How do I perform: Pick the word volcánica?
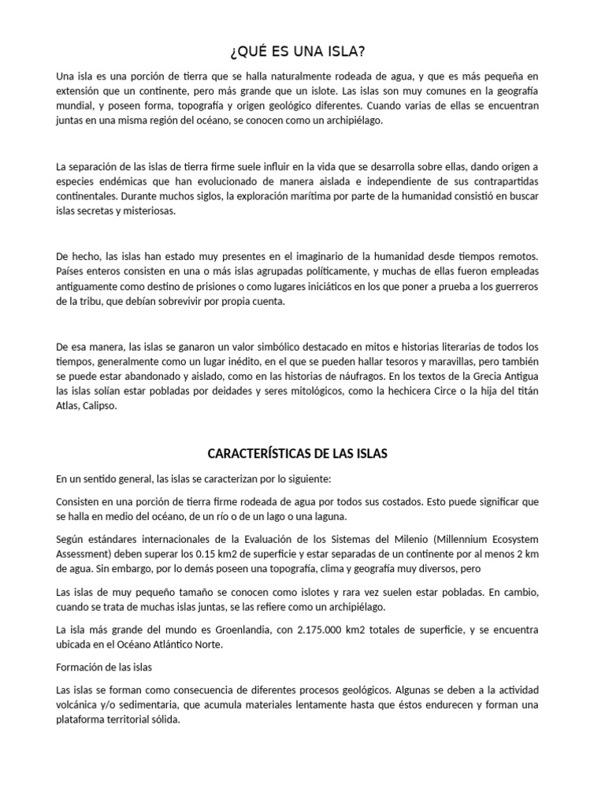pyautogui.click(x=80, y=705)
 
